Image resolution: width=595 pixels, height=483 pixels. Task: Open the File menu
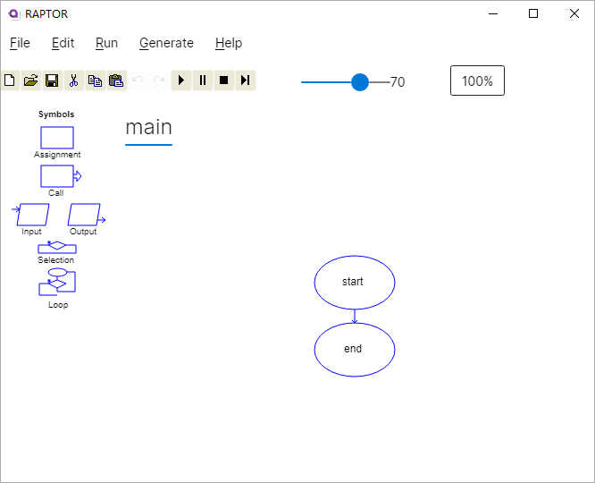click(20, 43)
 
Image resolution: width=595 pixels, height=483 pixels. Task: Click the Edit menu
click(63, 43)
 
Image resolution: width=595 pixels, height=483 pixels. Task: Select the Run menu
click(106, 43)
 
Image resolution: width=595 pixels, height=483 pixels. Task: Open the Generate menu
click(166, 43)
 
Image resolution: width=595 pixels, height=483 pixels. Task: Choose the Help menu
click(229, 43)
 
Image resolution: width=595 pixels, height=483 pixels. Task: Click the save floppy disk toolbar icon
click(52, 80)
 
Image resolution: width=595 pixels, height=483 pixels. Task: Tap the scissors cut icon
click(73, 80)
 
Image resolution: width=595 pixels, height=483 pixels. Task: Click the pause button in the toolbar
click(203, 80)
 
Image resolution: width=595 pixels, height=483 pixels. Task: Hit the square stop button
click(224, 80)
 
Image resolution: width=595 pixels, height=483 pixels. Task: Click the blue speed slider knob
click(360, 82)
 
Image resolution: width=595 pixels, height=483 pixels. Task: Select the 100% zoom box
click(477, 80)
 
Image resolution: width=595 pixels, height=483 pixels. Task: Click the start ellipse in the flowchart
click(354, 282)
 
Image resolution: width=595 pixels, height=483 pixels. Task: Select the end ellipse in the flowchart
click(354, 349)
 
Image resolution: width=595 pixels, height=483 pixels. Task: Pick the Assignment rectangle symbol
click(57, 138)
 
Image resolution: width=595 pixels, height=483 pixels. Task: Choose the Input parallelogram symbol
click(33, 215)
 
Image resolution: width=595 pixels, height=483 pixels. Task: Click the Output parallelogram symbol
click(84, 215)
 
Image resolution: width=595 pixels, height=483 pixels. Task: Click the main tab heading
click(148, 128)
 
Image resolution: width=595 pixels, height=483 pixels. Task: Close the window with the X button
click(574, 13)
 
